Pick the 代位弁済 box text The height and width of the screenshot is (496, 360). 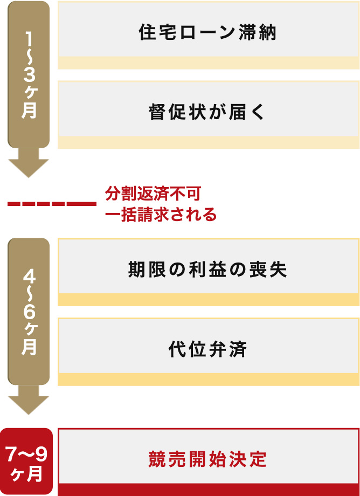pyautogui.click(x=207, y=349)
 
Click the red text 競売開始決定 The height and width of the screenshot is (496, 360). pyautogui.click(x=207, y=459)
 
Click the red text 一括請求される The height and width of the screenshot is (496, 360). pyautogui.click(x=161, y=215)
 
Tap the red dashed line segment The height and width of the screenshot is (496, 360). pyautogui.click(x=52, y=204)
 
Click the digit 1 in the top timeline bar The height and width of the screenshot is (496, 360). pyautogui.click(x=29, y=39)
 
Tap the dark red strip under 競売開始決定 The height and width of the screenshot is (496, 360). pyautogui.click(x=207, y=490)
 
